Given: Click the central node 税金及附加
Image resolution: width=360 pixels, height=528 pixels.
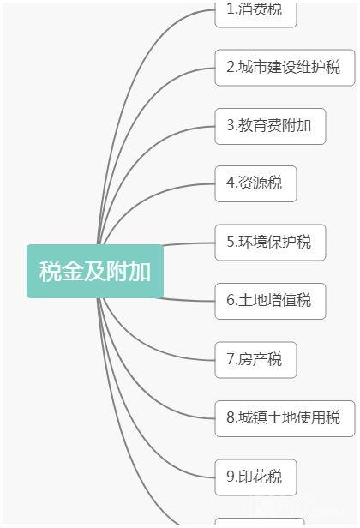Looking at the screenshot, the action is [95, 271].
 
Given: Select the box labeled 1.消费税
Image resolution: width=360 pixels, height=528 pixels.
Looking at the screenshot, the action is [255, 14].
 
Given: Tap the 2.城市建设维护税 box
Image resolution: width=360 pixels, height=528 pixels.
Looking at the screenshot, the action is [285, 68].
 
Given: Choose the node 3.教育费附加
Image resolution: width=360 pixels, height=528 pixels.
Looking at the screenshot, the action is [270, 126].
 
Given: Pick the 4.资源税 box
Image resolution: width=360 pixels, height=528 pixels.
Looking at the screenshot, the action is [255, 183].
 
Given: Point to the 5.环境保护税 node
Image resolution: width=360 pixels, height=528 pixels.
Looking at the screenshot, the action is [270, 243].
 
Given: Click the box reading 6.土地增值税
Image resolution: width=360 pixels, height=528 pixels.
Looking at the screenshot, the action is [270, 301].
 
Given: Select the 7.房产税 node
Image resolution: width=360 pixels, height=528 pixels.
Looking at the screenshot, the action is [255, 360].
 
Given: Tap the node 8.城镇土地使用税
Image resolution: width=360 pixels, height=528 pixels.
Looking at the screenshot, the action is [285, 418].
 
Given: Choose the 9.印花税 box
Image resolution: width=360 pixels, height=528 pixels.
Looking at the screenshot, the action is [255, 477].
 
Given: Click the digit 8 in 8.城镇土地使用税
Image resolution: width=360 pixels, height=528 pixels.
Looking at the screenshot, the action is [231, 417].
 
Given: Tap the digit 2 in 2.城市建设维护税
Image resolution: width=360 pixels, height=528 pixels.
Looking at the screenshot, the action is [231, 67].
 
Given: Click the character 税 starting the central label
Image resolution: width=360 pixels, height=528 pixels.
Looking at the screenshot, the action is [50, 271].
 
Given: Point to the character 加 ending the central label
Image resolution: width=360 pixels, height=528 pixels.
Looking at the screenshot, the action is [140, 271].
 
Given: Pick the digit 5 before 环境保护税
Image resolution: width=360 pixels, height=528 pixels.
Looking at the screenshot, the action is [231, 242].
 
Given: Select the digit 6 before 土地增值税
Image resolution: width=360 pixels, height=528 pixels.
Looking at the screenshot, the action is [231, 300].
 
